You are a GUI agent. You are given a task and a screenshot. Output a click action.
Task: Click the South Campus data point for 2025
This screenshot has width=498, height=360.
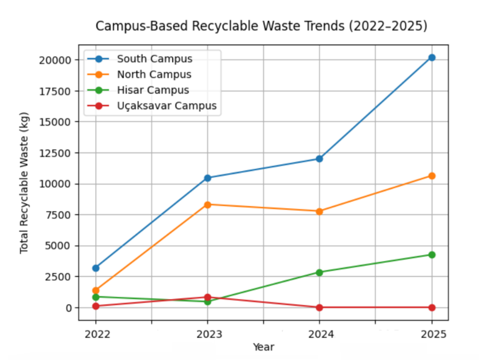(432, 58)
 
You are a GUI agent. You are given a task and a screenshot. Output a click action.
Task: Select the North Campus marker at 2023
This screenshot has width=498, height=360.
(207, 204)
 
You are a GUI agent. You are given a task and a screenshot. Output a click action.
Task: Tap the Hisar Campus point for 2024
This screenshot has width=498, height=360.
(319, 272)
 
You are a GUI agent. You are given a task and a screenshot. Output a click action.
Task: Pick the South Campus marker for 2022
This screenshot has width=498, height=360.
(96, 268)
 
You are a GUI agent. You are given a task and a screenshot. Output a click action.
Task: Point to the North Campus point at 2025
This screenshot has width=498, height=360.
(432, 176)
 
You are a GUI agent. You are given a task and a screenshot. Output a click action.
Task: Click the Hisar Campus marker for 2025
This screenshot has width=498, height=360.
(432, 255)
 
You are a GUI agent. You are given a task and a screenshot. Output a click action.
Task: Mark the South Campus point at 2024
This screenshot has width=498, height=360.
(319, 159)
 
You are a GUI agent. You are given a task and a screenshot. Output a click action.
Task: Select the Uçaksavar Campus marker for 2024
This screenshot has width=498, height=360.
(319, 307)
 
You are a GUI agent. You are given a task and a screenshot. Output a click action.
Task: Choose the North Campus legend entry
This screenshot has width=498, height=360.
(154, 75)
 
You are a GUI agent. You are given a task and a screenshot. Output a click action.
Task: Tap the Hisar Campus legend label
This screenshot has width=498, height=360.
(152, 90)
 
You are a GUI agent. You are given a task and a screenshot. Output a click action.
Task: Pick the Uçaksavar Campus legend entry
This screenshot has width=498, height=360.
(166, 106)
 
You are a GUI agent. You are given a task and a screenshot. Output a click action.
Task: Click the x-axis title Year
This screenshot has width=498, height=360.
(263, 347)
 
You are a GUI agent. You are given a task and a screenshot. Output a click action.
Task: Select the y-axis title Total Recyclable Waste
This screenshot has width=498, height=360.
(24, 183)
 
